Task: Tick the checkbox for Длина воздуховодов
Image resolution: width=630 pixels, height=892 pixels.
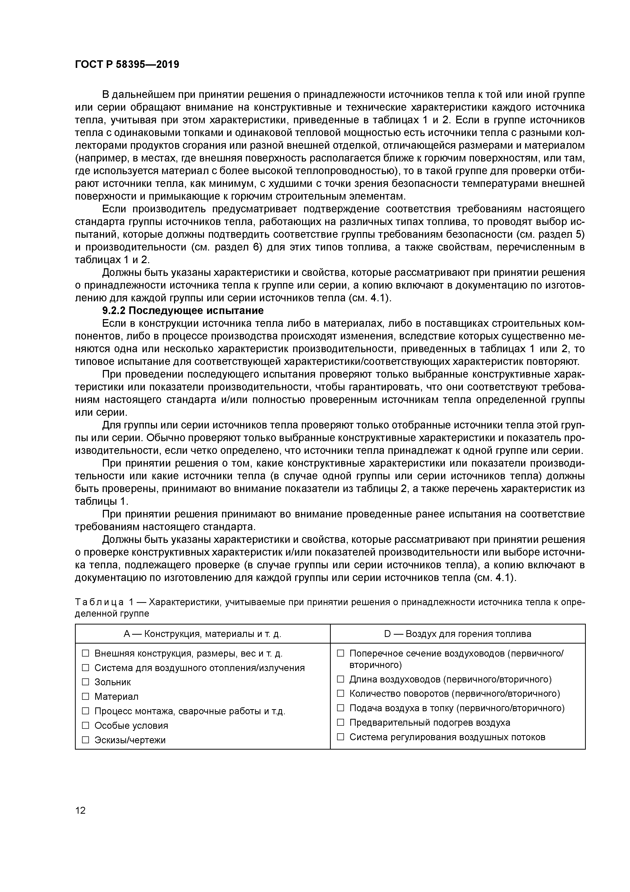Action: (x=340, y=679)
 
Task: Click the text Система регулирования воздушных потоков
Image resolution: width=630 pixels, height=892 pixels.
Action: (x=447, y=737)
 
